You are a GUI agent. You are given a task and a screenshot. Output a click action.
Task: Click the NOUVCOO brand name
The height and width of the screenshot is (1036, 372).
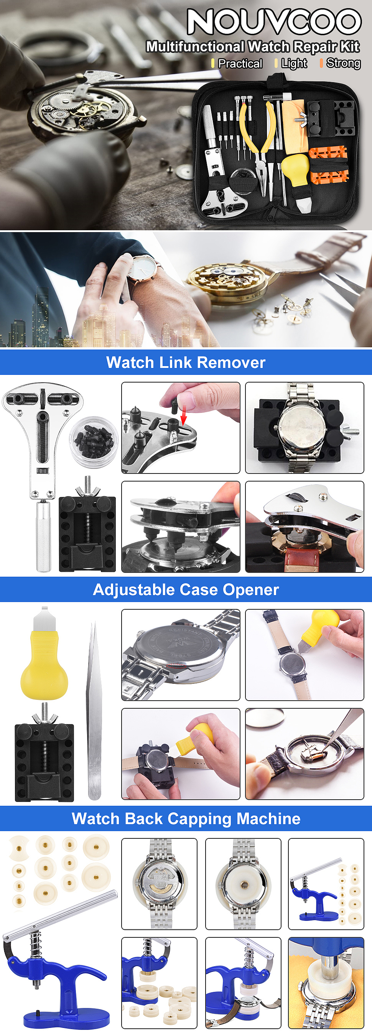click(x=274, y=22)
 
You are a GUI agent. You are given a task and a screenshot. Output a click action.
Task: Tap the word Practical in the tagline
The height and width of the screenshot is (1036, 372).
click(x=240, y=64)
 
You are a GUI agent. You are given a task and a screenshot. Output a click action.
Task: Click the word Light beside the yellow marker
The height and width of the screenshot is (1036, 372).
click(x=294, y=64)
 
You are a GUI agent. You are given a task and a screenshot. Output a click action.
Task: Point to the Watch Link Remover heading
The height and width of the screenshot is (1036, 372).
click(x=186, y=362)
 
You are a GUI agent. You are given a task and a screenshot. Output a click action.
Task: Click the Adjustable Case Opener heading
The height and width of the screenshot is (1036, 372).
click(x=186, y=590)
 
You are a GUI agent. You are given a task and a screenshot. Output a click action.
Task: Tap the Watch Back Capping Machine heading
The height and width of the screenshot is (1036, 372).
click(x=186, y=818)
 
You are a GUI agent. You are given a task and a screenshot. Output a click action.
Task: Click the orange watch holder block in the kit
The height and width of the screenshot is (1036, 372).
click(x=328, y=164)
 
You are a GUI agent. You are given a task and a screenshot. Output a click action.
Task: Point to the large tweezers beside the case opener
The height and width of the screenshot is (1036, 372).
click(x=94, y=711)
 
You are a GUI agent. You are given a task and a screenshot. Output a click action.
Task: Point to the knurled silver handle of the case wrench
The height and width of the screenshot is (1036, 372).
click(x=43, y=535)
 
